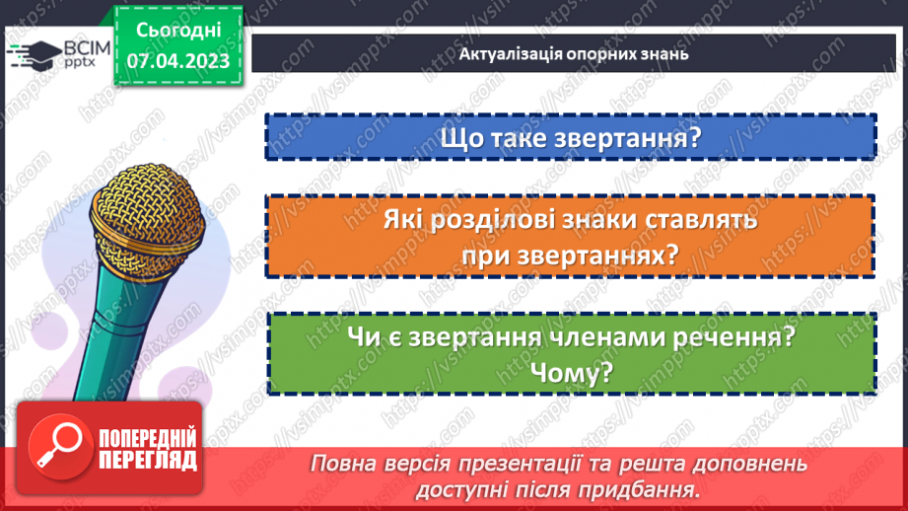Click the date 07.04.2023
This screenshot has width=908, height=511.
pyautogui.click(x=177, y=62)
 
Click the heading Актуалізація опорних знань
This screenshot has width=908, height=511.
pyautogui.click(x=573, y=53)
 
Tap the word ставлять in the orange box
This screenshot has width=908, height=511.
pyautogui.click(x=700, y=222)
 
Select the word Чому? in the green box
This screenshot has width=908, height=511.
pyautogui.click(x=571, y=372)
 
